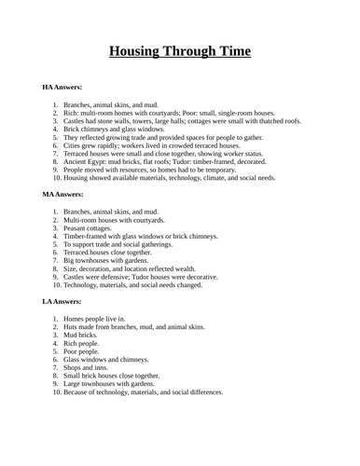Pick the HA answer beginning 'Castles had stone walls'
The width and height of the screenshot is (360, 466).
click(x=168, y=120)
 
